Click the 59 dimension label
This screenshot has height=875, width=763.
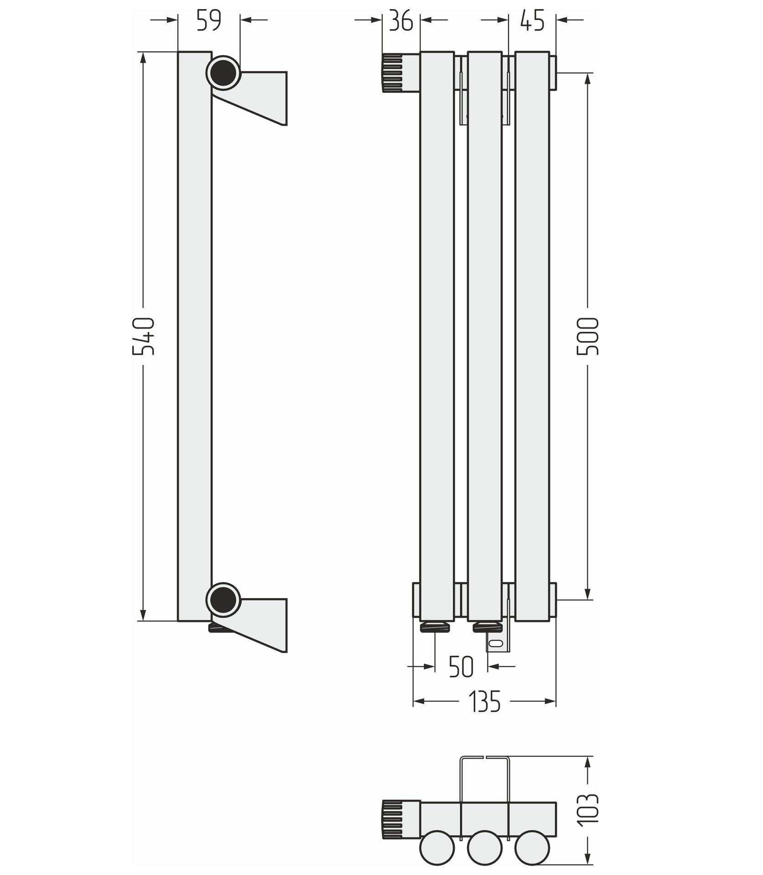click(209, 21)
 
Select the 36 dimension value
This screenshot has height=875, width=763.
click(401, 21)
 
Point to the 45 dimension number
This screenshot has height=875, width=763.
click(532, 21)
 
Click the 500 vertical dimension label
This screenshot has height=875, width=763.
click(587, 336)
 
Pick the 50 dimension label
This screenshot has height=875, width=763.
click(461, 667)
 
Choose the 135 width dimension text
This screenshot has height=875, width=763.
click(484, 701)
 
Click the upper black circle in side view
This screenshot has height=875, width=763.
click(223, 73)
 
